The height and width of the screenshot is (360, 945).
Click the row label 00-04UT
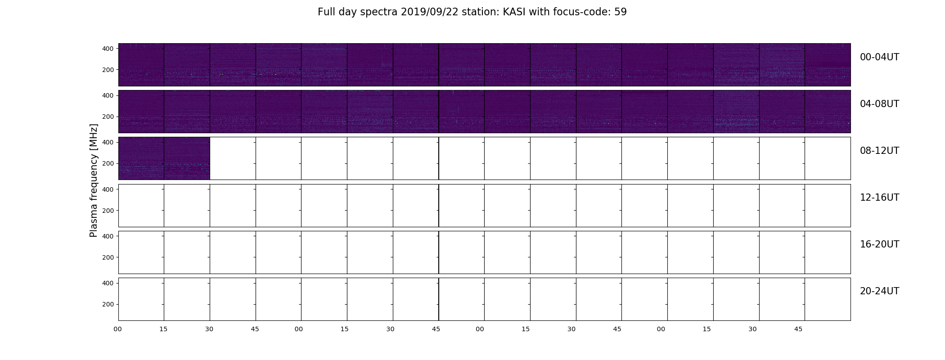point(879,57)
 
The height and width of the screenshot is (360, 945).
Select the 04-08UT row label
point(879,104)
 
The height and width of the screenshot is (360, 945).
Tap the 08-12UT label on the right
point(879,151)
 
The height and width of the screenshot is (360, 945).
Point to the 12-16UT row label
point(879,198)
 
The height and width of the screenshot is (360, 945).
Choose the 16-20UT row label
point(879,244)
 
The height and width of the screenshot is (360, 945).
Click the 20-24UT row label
point(879,291)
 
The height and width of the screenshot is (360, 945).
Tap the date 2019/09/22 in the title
point(429,12)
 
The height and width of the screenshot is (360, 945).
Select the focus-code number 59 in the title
point(621,12)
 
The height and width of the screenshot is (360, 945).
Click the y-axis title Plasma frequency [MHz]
point(94,180)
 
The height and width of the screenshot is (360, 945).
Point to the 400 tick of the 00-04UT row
point(108,49)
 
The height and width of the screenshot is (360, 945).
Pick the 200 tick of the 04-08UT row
point(108,117)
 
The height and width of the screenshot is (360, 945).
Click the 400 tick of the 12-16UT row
point(108,189)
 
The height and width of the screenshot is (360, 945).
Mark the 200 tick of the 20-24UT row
point(108,304)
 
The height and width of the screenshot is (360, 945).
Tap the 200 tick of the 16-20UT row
point(108,257)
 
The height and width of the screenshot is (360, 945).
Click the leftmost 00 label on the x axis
point(117,329)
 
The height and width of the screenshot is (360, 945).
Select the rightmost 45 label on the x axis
point(798,329)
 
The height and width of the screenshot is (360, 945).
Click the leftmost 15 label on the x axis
point(163,329)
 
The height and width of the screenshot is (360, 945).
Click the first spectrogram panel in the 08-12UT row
point(141,158)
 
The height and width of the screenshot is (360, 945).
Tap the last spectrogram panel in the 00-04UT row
point(828,65)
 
